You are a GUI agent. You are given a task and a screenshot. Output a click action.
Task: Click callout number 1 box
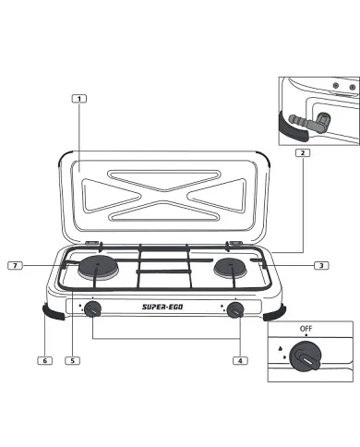pos(81,97)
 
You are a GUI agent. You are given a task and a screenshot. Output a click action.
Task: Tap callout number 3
pos(320,265)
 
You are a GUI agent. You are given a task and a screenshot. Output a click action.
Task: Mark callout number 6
pos(43,360)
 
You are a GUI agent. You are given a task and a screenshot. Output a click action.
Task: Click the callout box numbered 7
pos(15,265)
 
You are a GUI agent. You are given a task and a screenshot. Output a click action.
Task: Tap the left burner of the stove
pos(98,269)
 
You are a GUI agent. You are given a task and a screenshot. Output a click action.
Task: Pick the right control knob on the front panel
pos(235,309)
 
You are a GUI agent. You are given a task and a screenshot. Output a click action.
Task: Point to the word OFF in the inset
pos(306,329)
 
